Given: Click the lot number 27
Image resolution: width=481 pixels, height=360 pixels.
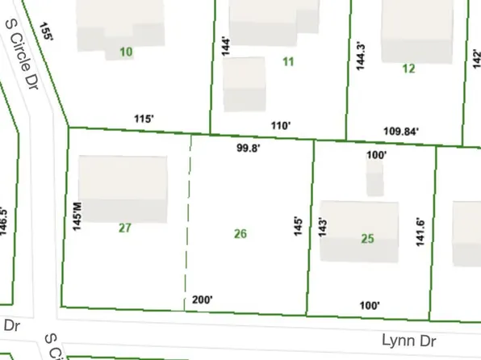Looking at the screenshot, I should tap(124, 228).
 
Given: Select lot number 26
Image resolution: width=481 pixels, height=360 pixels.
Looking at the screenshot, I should tap(240, 234).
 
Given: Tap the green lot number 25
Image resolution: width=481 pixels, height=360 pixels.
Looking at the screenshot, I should tap(367, 238).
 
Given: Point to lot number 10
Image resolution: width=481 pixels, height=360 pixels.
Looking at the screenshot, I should tap(125, 52).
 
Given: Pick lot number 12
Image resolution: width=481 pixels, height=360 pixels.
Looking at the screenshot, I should tap(408, 69).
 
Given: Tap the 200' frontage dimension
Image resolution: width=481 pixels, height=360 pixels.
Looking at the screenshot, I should tap(202, 299).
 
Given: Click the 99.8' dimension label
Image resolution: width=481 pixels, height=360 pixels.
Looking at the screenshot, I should tap(249, 149).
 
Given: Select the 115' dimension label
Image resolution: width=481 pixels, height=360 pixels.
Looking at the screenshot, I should tap(144, 119).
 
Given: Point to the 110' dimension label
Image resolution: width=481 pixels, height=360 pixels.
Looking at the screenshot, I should tap(280, 125).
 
